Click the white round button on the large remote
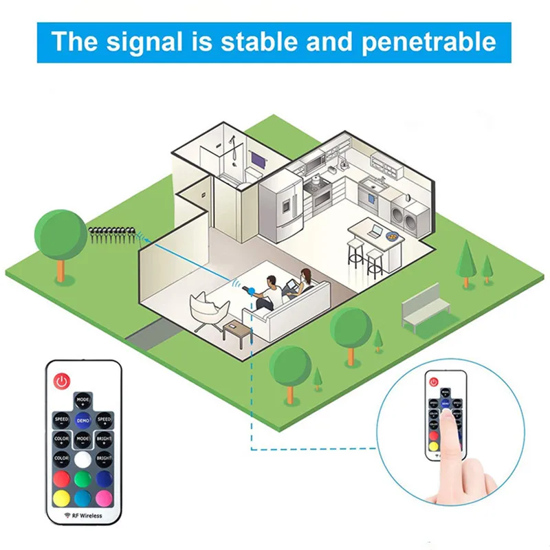(83, 459)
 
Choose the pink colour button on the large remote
(104, 496)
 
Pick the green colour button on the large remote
(83, 478)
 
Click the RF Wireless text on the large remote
(83, 516)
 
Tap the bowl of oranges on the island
(394, 236)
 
